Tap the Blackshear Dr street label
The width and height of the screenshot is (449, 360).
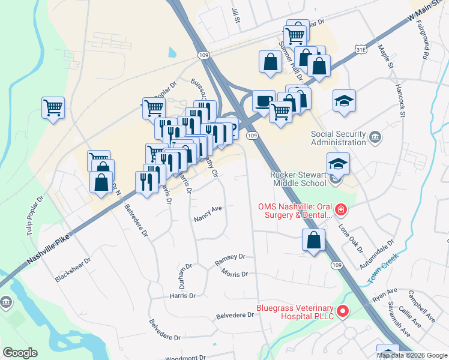coord(72,270)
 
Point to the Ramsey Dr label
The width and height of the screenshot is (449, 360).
coord(230,259)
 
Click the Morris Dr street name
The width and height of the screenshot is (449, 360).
coord(234,274)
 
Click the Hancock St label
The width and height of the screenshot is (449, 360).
coord(400,100)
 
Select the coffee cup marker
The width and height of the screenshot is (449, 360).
coord(262,101)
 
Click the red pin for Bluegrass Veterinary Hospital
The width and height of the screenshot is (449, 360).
coord(342,311)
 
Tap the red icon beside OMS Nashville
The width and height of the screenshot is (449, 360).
coord(340,209)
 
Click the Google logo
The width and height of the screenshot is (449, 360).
coord(20,353)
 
